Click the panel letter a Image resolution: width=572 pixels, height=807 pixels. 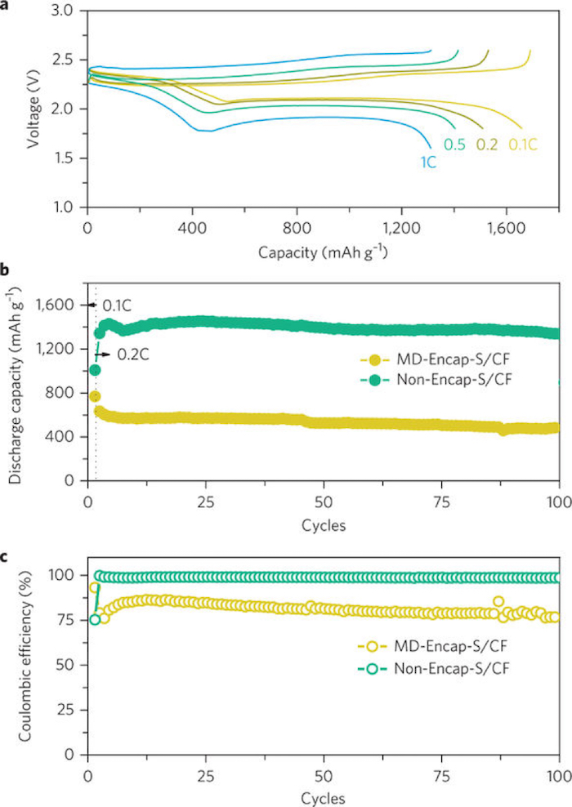click(x=6, y=6)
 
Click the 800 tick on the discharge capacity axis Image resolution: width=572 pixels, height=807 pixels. click(x=63, y=393)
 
